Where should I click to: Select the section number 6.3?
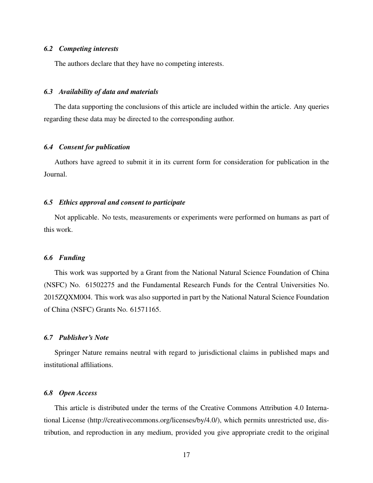coord(48,92)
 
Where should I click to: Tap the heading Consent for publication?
coord(94,147)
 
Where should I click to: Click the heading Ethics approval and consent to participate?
coord(122,202)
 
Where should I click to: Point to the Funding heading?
coord(72,258)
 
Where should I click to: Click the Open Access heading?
coord(78,393)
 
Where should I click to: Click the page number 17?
coord(186,455)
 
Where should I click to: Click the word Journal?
coord(55,174)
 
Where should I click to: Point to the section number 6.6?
coord(48,258)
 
